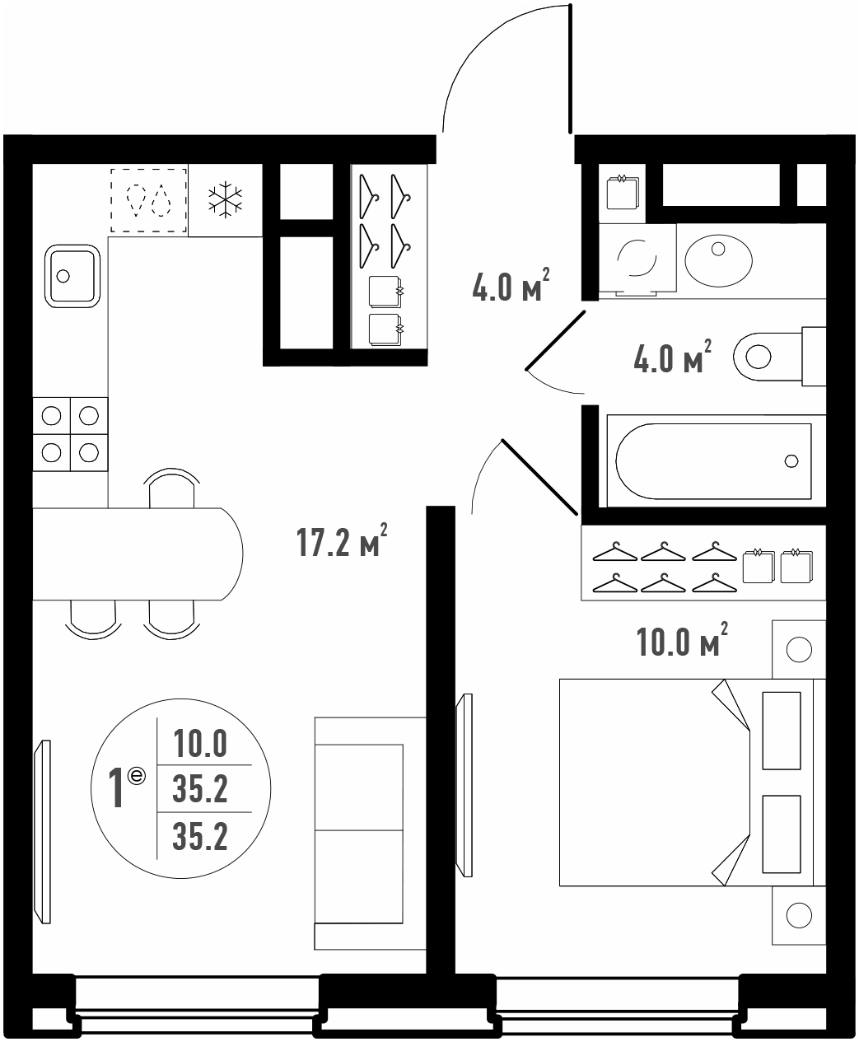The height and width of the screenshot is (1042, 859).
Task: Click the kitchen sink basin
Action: pyautogui.click(x=72, y=275)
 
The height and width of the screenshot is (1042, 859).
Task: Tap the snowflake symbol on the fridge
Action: pyautogui.click(x=225, y=201)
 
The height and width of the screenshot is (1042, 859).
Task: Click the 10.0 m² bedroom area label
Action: pyautogui.click(x=682, y=641)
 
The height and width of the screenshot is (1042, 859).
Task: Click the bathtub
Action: pyautogui.click(x=713, y=460)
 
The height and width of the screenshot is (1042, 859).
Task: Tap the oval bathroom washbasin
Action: pyautogui.click(x=718, y=260)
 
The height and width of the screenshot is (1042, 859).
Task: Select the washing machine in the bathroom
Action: pyautogui.click(x=637, y=258)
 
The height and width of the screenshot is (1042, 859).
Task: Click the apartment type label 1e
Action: pyautogui.click(x=127, y=788)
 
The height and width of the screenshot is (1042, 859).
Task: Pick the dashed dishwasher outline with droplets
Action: pyautogui.click(x=148, y=200)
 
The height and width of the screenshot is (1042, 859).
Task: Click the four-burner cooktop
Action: pyautogui.click(x=70, y=434)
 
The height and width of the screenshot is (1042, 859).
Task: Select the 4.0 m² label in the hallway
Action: pyautogui.click(x=511, y=285)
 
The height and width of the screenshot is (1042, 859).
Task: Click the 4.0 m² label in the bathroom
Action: pyautogui.click(x=672, y=357)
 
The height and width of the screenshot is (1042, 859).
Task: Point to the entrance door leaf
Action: pyautogui.click(x=570, y=69)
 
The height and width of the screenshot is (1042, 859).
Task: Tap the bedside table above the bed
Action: pyautogui.click(x=799, y=649)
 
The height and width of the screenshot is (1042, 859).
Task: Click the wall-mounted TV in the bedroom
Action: pyautogui.click(x=465, y=785)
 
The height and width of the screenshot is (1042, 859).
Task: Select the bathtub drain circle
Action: pyautogui.click(x=791, y=460)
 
